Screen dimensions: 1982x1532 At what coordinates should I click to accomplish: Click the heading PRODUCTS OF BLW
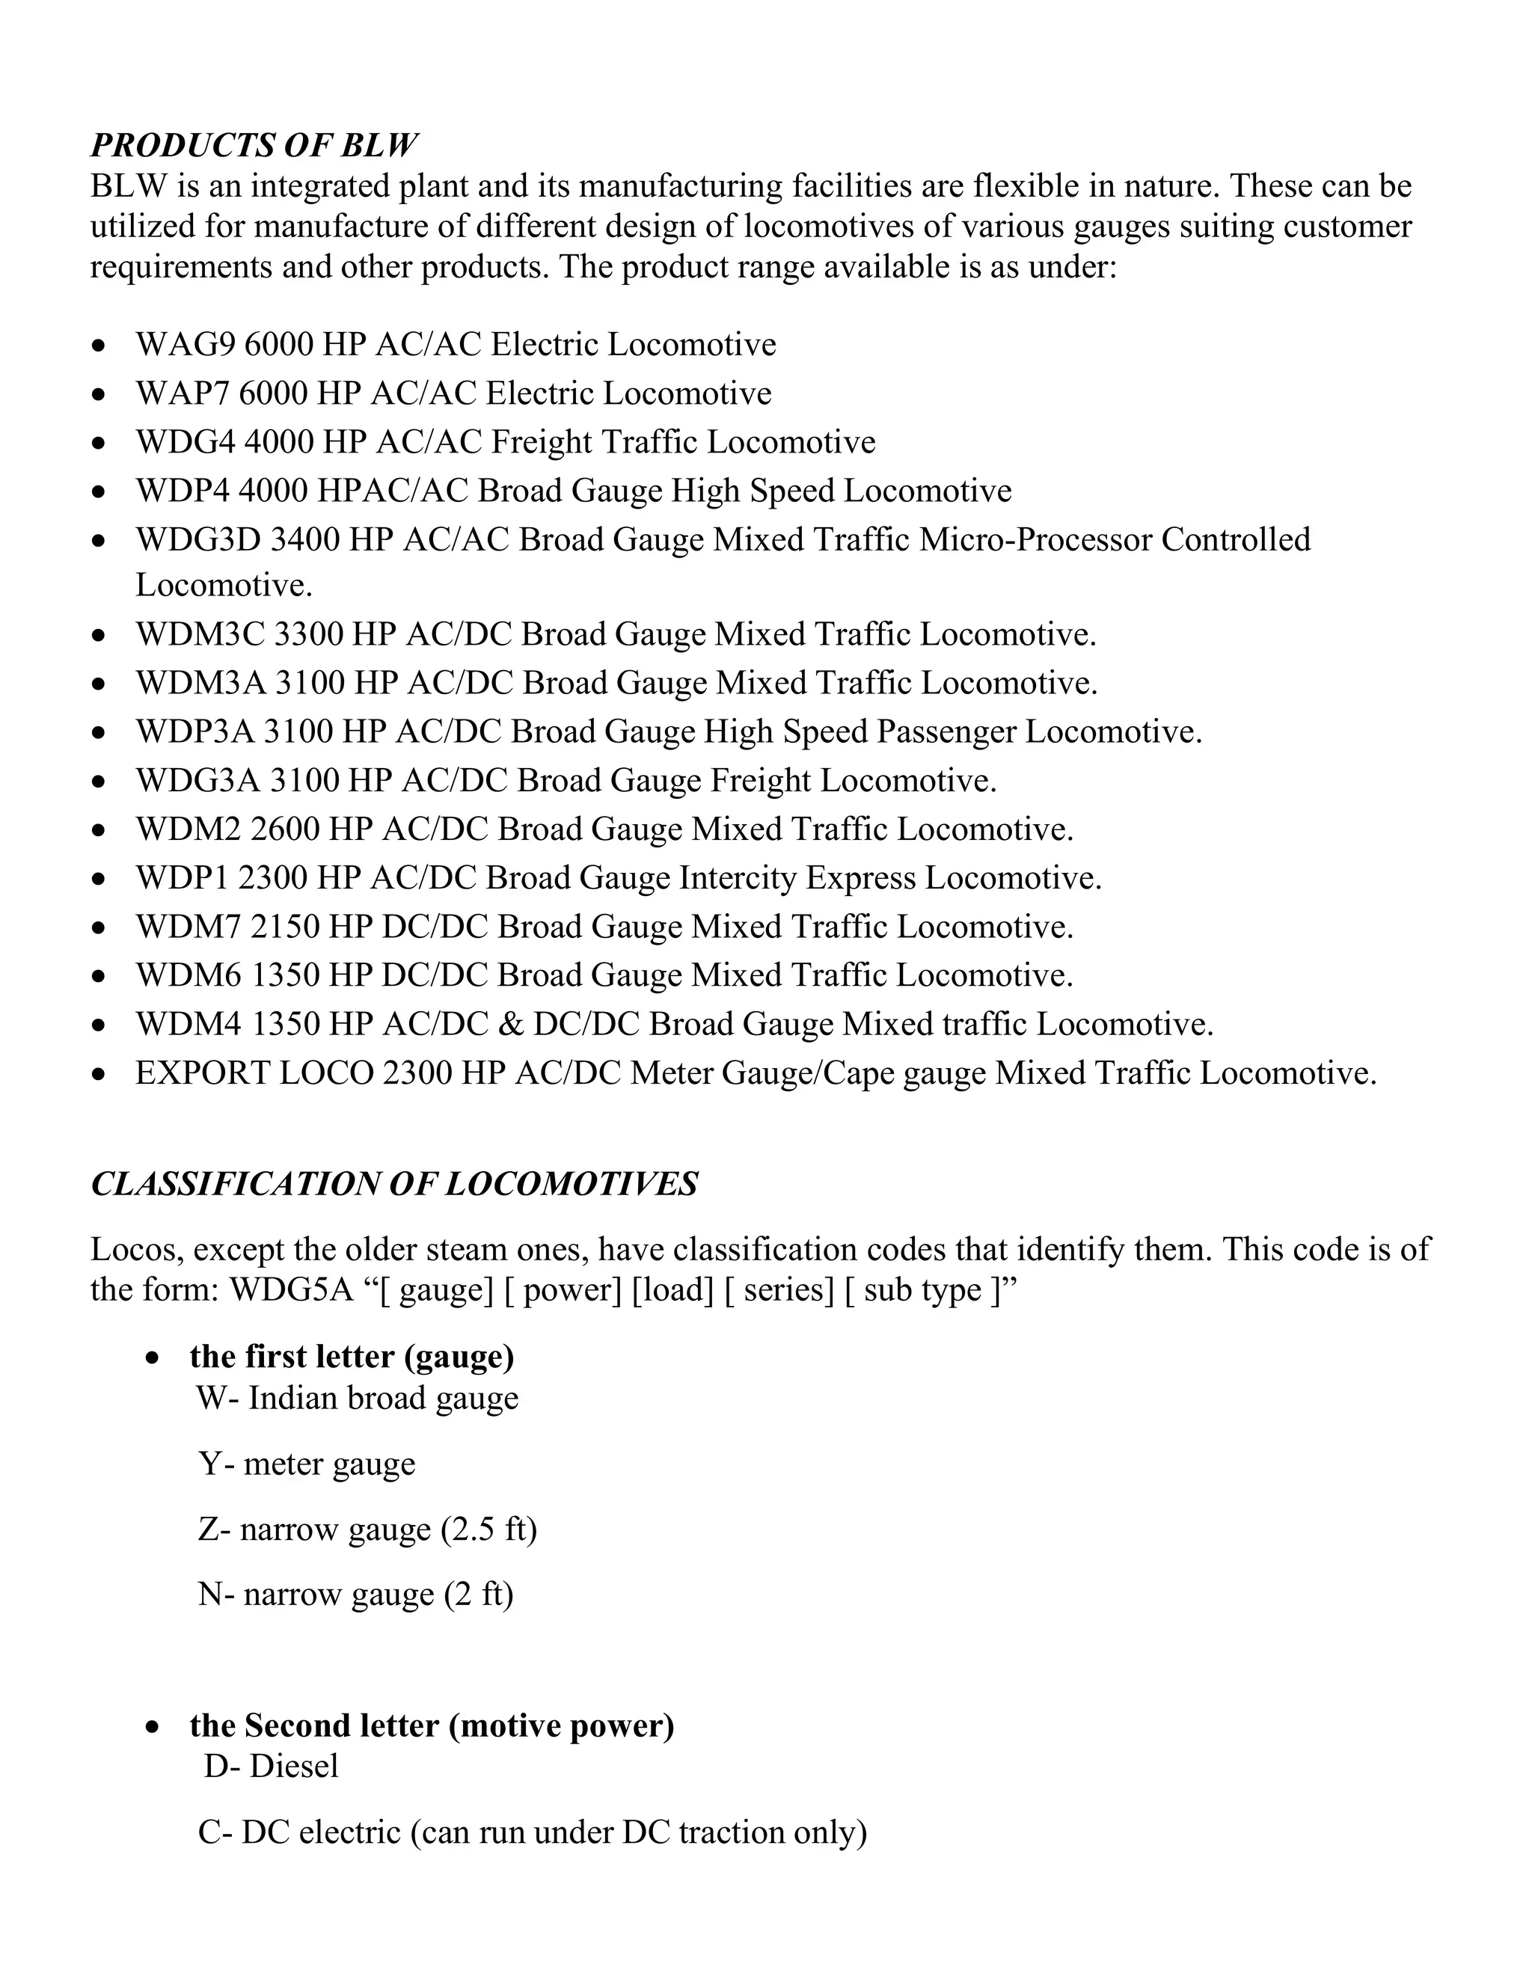tap(254, 145)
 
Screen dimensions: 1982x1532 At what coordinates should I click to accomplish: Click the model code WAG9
tap(186, 345)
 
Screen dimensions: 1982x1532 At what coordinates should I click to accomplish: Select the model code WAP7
tap(183, 394)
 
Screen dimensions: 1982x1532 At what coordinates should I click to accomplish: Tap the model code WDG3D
tap(197, 540)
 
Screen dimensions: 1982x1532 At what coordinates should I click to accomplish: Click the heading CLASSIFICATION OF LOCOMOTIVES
tap(394, 1184)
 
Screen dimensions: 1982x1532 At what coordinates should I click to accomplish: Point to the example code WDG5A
tap(290, 1289)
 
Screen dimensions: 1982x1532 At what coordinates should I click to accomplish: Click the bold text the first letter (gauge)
tap(352, 1357)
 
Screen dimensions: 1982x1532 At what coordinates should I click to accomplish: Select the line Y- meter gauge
tap(307, 1464)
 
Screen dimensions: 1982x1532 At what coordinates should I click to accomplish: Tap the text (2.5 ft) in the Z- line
tap(489, 1530)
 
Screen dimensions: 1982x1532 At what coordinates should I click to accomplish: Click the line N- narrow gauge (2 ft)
tap(356, 1595)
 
